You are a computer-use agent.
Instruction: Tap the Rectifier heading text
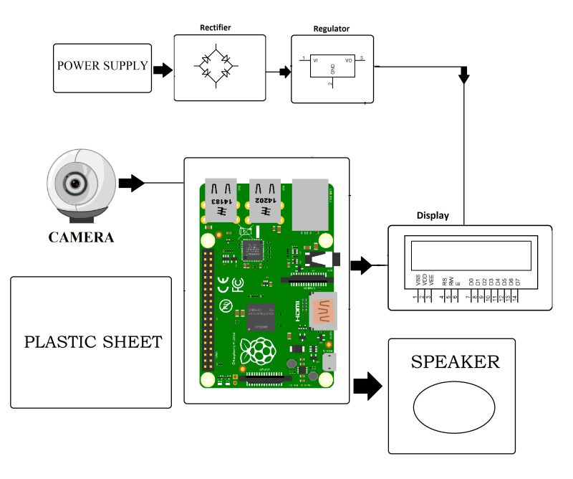point(216,29)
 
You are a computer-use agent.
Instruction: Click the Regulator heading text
point(330,29)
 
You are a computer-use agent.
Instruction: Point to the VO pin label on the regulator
point(349,61)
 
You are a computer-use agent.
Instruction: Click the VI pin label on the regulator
point(316,61)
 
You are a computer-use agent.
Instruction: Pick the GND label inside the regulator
point(332,70)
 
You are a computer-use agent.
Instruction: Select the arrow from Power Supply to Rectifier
point(163,70)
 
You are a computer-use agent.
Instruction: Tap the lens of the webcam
point(74,184)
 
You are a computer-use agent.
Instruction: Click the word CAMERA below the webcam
point(80,237)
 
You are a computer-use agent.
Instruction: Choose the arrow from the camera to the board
point(131,184)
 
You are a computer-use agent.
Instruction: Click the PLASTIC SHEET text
point(92,341)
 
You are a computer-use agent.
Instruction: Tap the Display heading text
point(433,215)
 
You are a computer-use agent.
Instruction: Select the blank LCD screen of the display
point(471,255)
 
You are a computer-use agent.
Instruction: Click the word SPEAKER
point(455,362)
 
